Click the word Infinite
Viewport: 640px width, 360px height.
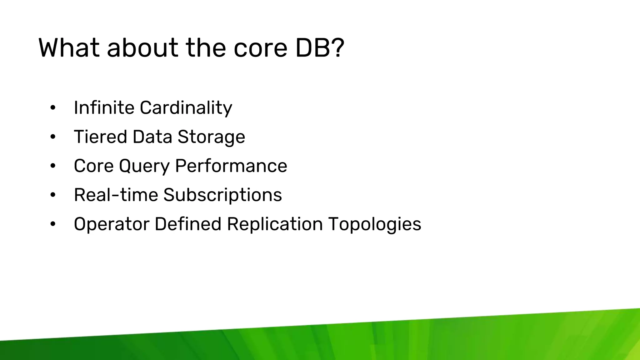(x=104, y=107)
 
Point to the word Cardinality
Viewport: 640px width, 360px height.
(x=186, y=108)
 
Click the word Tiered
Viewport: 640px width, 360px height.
(x=101, y=137)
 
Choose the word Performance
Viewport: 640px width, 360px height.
(x=231, y=166)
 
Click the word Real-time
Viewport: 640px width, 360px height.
(x=116, y=195)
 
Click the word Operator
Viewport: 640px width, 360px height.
(x=112, y=224)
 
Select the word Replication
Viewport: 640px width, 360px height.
(x=275, y=224)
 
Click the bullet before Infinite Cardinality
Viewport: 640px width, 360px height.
(x=53, y=108)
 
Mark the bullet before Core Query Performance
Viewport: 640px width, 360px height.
(x=53, y=166)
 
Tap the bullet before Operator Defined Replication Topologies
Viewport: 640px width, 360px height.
(x=53, y=224)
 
